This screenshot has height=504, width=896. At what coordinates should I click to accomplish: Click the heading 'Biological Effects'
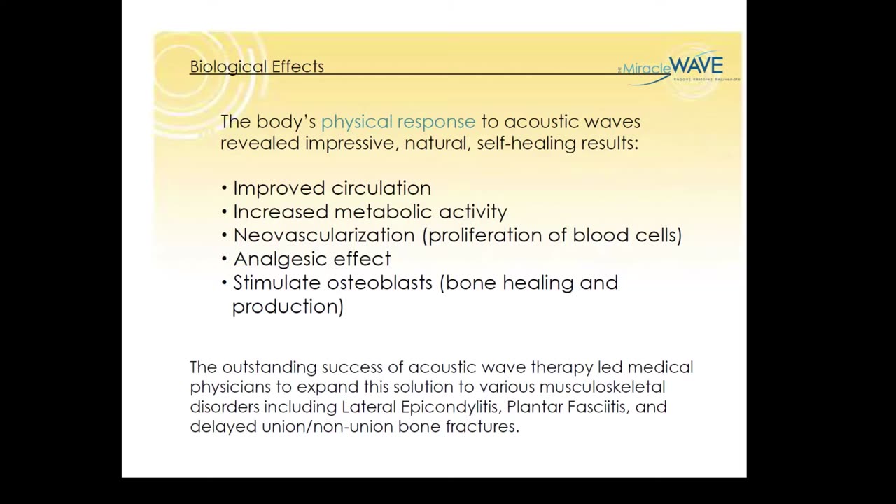tap(257, 67)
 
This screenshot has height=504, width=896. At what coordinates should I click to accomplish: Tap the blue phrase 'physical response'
tap(398, 122)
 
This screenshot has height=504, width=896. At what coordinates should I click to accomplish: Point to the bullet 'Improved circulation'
tap(331, 188)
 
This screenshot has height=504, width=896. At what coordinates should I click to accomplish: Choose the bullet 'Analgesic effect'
tap(311, 259)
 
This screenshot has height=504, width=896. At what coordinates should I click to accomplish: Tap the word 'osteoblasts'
tap(381, 283)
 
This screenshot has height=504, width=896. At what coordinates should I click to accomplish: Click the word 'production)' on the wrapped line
tap(288, 307)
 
